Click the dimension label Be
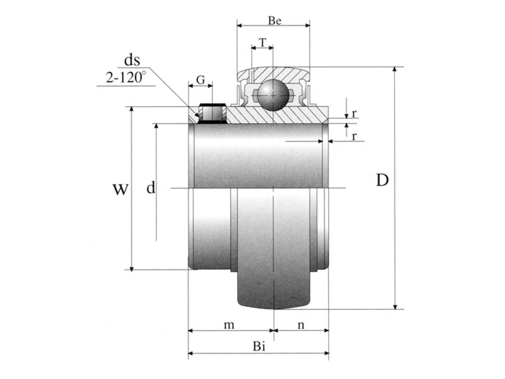click(275, 21)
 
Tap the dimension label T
click(263, 42)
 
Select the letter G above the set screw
click(200, 80)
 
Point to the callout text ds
click(132, 60)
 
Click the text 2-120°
click(126, 77)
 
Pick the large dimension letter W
click(121, 189)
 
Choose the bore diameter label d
click(151, 187)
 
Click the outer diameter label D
click(383, 180)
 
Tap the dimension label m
click(229, 325)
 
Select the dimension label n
click(301, 325)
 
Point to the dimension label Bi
click(259, 346)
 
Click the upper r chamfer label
click(354, 114)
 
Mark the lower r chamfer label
click(354, 136)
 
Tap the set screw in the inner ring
click(212, 114)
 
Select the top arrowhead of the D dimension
click(396, 70)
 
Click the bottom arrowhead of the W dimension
click(131, 268)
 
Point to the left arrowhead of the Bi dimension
click(191, 353)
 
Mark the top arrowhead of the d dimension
click(156, 126)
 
